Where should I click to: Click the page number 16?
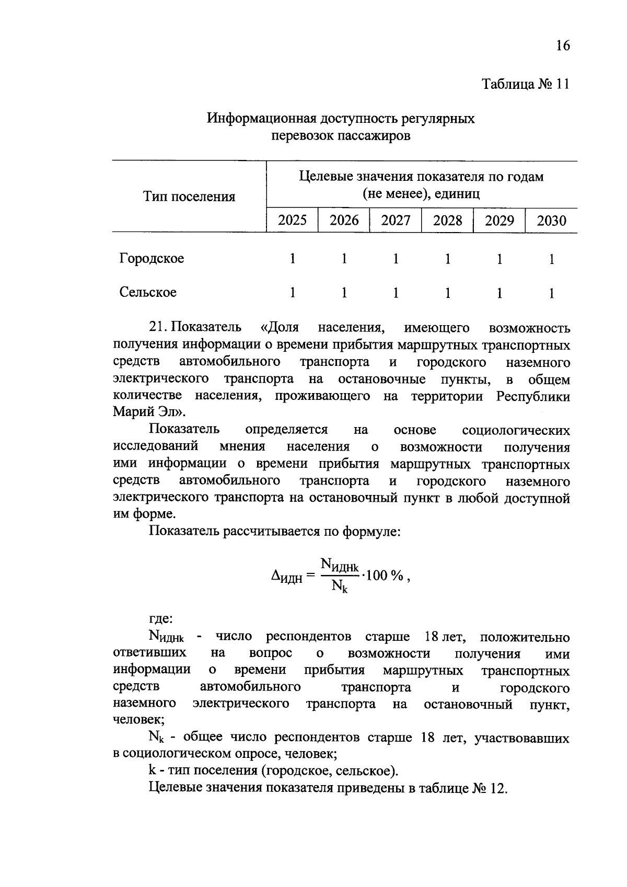tap(562, 45)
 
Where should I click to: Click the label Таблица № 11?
tap(525, 84)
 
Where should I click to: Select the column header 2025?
tap(292, 220)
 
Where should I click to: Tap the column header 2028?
tap(447, 220)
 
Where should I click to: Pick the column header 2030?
tap(551, 220)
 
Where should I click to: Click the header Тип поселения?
tap(189, 197)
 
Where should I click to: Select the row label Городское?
tap(152, 258)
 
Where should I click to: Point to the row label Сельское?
tap(148, 292)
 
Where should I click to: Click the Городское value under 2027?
tap(396, 259)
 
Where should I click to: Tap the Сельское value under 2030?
tap(551, 293)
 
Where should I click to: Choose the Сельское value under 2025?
tap(292, 293)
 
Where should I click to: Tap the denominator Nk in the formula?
tap(340, 588)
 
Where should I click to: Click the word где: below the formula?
tap(160, 619)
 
